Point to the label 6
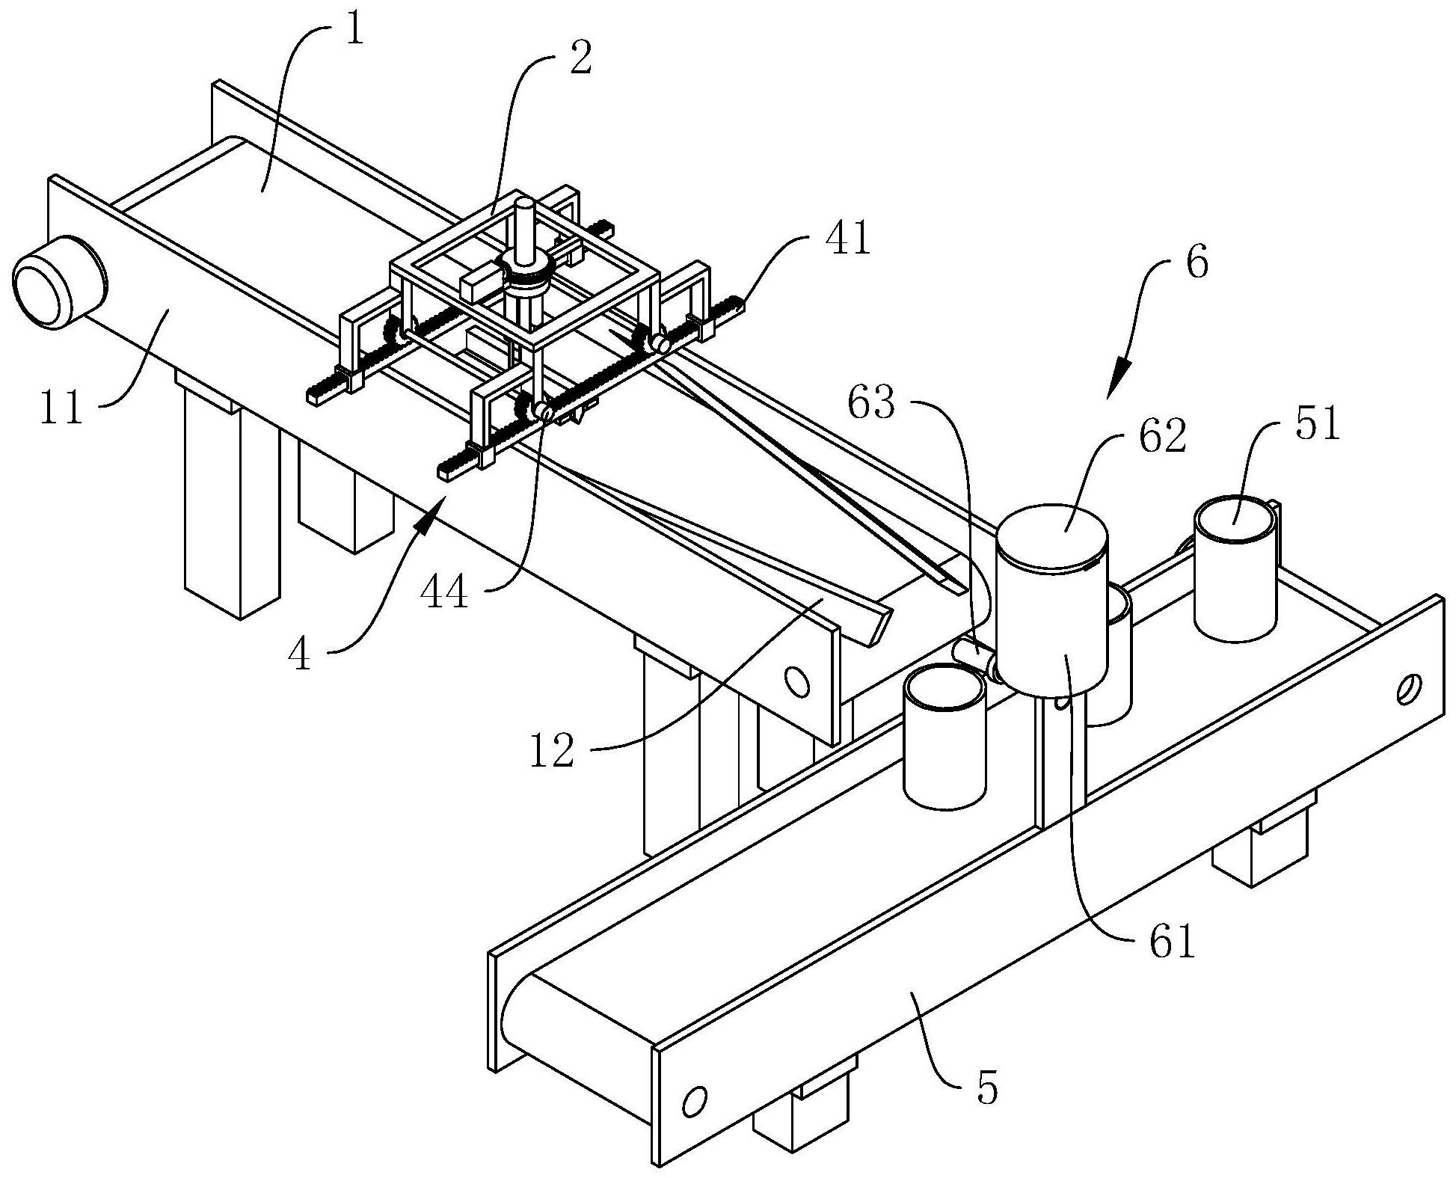coord(1197,263)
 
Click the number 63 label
coord(871,405)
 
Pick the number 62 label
coord(1164,435)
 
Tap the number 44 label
coord(444,593)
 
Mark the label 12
coord(553,751)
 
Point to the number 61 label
coord(1173,942)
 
